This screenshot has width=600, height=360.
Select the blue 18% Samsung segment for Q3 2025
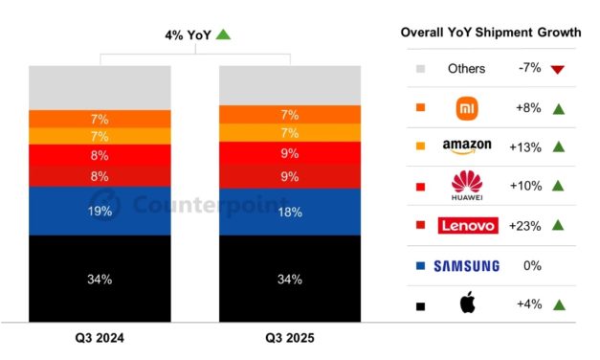click(x=290, y=211)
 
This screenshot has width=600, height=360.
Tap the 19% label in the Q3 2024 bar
click(x=100, y=211)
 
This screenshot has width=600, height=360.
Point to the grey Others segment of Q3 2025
click(x=290, y=84)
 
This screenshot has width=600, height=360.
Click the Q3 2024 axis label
click(x=100, y=339)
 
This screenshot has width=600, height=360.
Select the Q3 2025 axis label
click(x=290, y=339)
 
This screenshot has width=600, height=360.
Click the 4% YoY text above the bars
click(x=188, y=34)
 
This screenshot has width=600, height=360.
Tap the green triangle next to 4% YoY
click(x=223, y=34)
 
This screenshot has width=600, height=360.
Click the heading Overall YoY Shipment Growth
click(x=491, y=33)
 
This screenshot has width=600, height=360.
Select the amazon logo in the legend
click(x=467, y=146)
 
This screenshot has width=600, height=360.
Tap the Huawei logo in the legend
click(x=467, y=187)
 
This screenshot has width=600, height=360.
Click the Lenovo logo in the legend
click(x=467, y=226)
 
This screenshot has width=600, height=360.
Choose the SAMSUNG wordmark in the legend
click(x=467, y=265)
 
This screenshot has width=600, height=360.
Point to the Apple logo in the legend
click(x=467, y=304)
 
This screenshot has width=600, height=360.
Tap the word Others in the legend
click(x=467, y=69)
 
